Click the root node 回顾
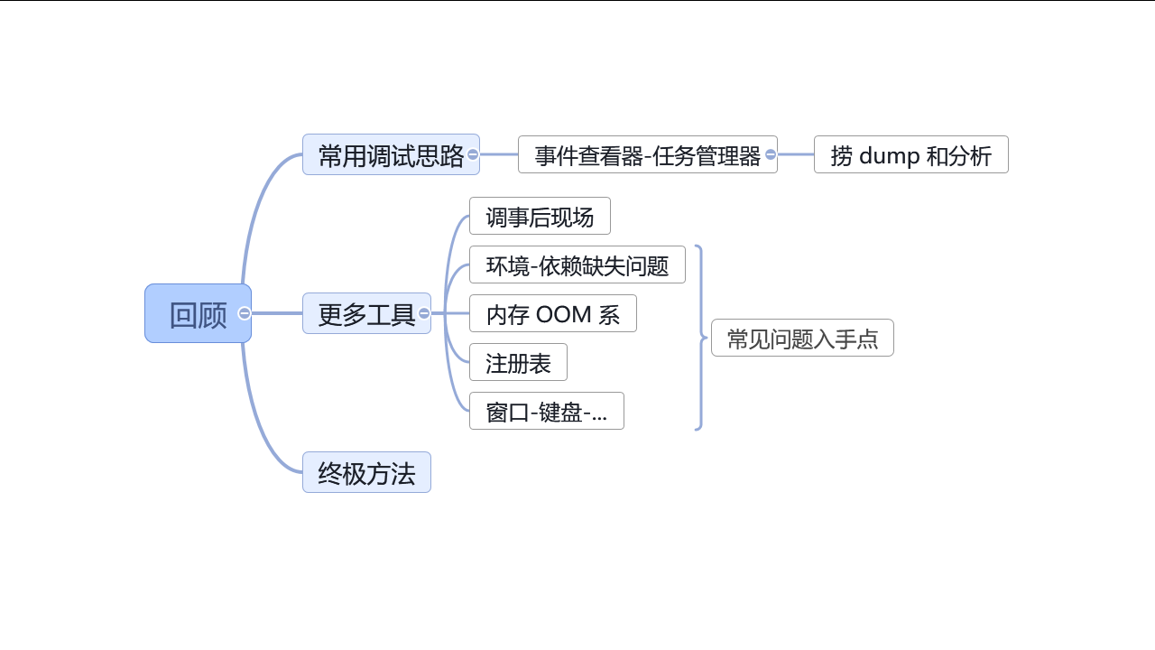click(x=198, y=314)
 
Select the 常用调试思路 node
click(x=391, y=155)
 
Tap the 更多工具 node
click(x=365, y=314)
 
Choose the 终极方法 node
click(x=366, y=472)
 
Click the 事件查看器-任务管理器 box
click(x=647, y=155)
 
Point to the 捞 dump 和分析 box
click(x=910, y=155)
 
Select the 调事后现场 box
click(x=540, y=217)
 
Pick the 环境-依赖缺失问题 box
click(x=577, y=265)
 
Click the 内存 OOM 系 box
click(x=552, y=314)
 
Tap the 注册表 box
click(x=518, y=363)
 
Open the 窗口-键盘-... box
click(x=546, y=412)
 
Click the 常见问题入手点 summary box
click(x=802, y=339)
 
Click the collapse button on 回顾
click(x=245, y=313)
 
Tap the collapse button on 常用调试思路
click(x=473, y=154)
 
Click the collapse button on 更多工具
click(x=424, y=313)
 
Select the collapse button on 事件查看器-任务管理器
click(x=771, y=154)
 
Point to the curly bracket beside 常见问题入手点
click(x=700, y=338)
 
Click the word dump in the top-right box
click(x=889, y=155)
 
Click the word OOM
click(x=563, y=314)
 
